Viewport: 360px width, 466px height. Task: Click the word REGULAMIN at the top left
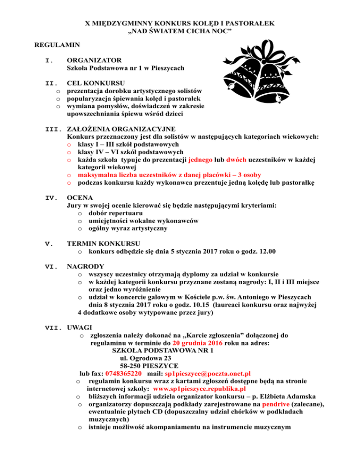[57, 45]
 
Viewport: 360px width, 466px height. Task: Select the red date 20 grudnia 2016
[218, 343]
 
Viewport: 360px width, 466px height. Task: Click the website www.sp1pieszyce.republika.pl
[200, 389]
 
